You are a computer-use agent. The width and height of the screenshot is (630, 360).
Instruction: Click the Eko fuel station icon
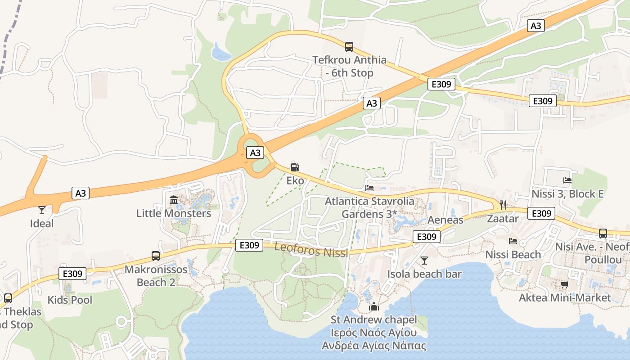click(x=295, y=167)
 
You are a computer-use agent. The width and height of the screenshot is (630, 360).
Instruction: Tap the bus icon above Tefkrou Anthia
click(x=349, y=46)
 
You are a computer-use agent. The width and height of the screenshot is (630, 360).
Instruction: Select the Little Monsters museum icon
click(x=174, y=200)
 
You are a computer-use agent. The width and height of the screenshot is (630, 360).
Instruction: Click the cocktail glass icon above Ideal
click(x=42, y=210)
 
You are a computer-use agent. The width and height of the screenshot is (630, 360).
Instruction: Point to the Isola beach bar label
click(x=424, y=274)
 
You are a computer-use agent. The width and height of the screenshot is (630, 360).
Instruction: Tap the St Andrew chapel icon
click(x=374, y=307)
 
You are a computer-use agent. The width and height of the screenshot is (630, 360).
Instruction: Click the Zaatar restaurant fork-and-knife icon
click(x=503, y=205)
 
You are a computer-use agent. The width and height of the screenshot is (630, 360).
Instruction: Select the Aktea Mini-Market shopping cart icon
click(x=564, y=284)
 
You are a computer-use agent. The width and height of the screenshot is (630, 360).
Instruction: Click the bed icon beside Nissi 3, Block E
click(x=567, y=180)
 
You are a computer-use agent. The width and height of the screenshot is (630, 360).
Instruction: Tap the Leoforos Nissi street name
click(x=311, y=249)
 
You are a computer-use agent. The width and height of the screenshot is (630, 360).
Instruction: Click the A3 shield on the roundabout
click(x=255, y=153)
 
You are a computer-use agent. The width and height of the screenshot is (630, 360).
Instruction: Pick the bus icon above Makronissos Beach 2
click(x=155, y=256)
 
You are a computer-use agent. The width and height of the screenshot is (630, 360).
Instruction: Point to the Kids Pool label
click(x=70, y=300)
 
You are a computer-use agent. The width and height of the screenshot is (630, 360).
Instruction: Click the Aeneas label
click(x=445, y=220)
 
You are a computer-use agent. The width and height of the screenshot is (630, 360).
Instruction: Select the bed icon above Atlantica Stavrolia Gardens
click(x=369, y=188)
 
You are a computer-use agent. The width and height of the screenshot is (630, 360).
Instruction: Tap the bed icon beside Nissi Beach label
click(x=513, y=241)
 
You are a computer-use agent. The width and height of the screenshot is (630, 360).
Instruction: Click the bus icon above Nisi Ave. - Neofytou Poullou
click(x=603, y=234)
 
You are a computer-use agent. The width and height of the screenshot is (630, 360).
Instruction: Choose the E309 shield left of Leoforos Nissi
click(x=249, y=245)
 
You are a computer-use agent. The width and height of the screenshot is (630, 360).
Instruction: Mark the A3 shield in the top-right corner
click(x=535, y=26)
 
